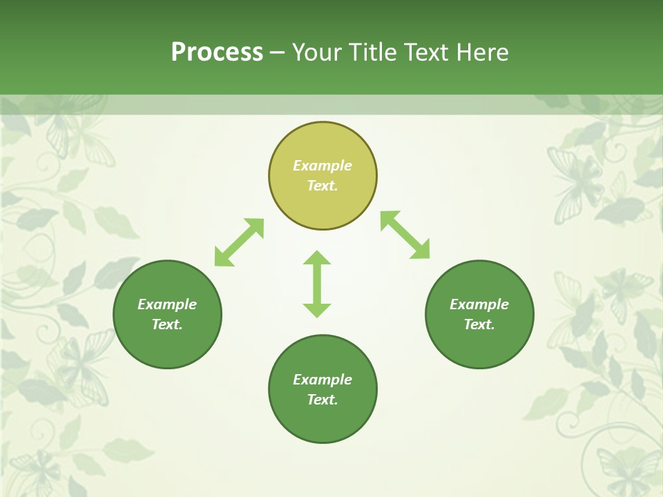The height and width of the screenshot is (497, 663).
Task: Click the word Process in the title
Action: click(217, 52)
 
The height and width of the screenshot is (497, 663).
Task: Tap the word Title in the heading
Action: click(374, 52)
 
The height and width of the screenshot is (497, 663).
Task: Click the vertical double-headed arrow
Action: click(317, 284)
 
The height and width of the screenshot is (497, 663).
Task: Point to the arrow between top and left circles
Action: click(239, 242)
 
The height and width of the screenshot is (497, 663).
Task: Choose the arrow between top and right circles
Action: click(405, 235)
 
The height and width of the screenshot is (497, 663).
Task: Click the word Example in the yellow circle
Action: click(323, 166)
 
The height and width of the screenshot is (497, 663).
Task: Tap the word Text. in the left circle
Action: click(167, 324)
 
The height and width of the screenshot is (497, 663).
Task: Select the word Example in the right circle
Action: click(479, 304)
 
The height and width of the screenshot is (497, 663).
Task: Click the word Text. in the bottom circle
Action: click(323, 400)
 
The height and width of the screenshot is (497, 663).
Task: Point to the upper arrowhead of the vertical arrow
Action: click(317, 257)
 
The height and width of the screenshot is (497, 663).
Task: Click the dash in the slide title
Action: click(277, 52)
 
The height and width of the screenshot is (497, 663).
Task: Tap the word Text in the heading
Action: click(426, 52)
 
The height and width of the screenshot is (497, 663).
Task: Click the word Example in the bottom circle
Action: click(323, 380)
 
